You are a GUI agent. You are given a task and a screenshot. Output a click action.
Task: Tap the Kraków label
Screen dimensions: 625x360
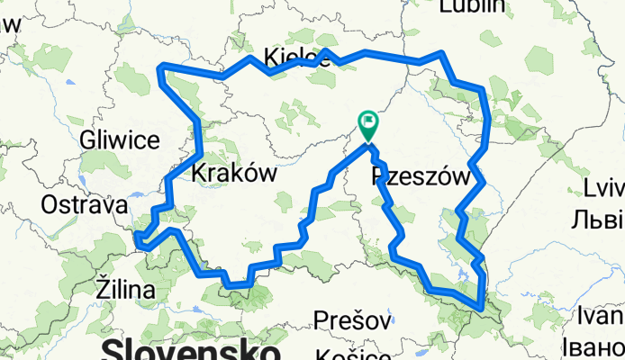(x=232, y=174)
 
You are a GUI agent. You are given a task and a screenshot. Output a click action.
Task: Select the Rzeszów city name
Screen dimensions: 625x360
(x=421, y=177)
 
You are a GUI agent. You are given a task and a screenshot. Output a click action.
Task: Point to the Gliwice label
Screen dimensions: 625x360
(x=119, y=139)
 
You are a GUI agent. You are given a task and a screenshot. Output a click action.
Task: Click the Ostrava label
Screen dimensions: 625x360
(x=80, y=205)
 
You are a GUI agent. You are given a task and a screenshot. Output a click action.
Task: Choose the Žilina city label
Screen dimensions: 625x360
(x=125, y=290)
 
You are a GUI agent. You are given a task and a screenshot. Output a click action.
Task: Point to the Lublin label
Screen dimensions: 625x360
(x=471, y=7)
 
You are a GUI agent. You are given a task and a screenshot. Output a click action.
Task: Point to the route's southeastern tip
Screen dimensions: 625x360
(x=484, y=308)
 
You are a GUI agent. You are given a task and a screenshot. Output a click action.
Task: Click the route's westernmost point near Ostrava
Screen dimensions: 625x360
(x=137, y=238)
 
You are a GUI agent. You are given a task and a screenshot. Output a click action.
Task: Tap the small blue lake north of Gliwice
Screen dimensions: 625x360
(x=69, y=86)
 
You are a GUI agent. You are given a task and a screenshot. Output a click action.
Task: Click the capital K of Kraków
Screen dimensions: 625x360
(x=200, y=174)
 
